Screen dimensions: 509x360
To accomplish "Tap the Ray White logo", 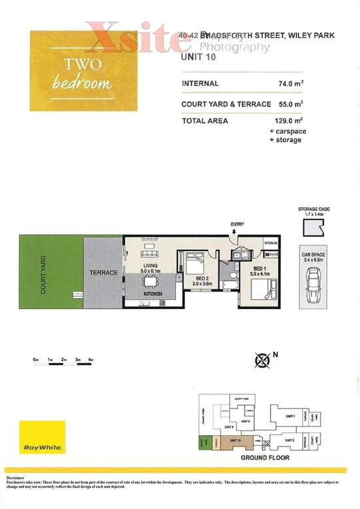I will (42, 437).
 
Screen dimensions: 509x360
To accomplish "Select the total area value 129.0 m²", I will (288, 121).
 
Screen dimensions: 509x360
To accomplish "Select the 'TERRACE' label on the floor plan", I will (103, 273).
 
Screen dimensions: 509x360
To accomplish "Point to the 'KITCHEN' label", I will (154, 294).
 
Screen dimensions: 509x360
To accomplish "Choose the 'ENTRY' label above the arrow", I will (237, 225).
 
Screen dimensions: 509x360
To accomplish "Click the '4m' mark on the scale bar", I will (90, 360).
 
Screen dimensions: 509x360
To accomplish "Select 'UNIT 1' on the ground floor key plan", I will (289, 416).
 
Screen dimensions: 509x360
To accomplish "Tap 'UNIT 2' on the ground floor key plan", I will (289, 440).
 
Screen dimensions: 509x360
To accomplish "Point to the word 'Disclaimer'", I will (15, 478).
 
